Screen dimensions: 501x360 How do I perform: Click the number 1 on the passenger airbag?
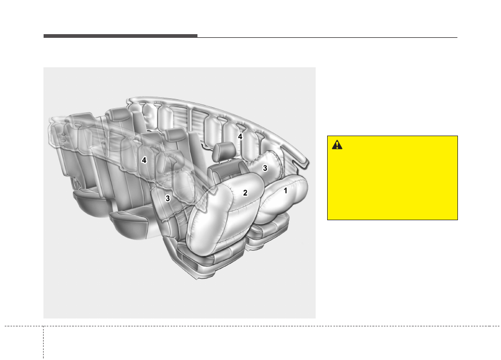click(285, 191)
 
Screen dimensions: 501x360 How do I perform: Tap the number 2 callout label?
click(245, 193)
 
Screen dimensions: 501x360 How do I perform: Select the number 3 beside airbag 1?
click(265, 168)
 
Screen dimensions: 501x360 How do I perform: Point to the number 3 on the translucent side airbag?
click(168, 199)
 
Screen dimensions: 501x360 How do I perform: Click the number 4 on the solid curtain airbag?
click(240, 137)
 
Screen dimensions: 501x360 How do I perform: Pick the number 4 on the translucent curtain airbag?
click(144, 160)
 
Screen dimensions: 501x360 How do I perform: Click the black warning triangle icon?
click(337, 145)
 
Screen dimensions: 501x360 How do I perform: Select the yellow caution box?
click(392, 178)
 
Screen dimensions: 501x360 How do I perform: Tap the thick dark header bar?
click(120, 36)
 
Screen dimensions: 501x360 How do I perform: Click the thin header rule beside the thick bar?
click(328, 37)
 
